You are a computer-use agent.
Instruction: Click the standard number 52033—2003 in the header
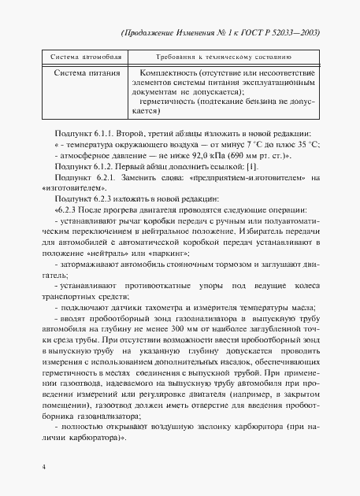(x=295, y=35)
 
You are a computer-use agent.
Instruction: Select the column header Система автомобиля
(x=76, y=58)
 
